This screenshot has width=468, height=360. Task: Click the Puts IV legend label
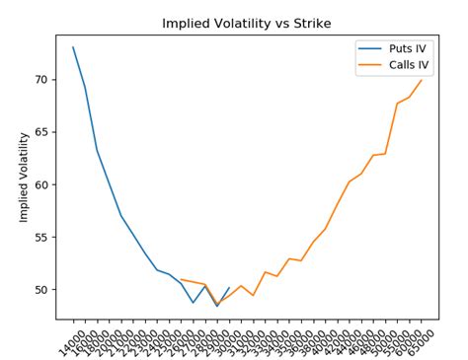click(x=400, y=49)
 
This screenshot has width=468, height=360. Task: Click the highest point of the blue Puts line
click(x=73, y=47)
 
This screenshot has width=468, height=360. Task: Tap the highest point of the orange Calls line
click(x=422, y=80)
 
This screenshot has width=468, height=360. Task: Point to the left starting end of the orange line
click(x=182, y=280)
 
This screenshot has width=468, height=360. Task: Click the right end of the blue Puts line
click(x=229, y=288)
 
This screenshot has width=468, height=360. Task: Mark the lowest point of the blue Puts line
click(x=217, y=306)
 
